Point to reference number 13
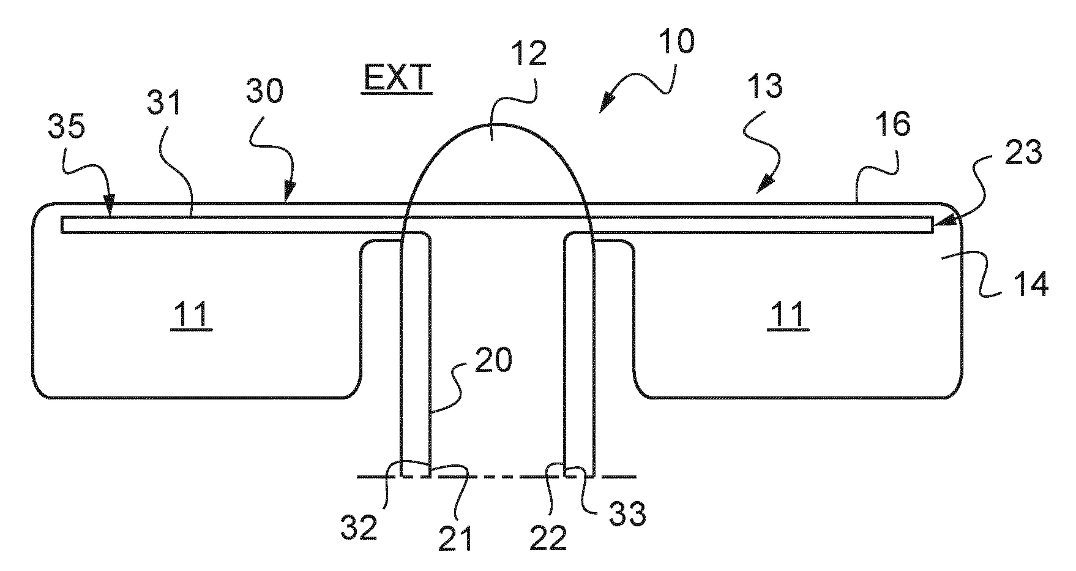coord(765,87)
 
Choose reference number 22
coord(548,537)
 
